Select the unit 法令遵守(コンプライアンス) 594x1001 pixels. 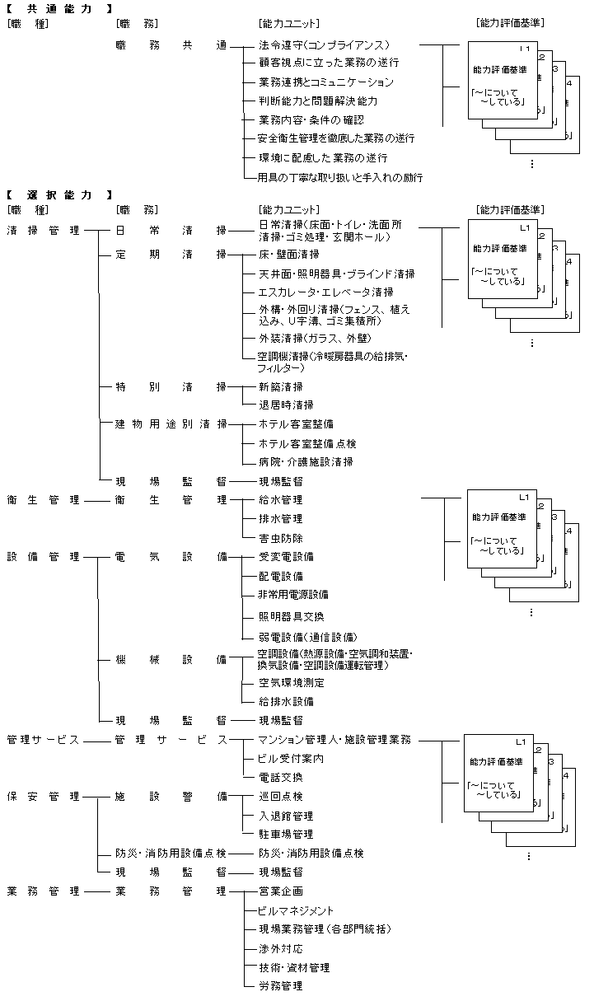click(x=324, y=44)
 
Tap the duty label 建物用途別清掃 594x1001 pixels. click(x=171, y=423)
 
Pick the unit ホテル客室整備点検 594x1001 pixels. click(x=307, y=443)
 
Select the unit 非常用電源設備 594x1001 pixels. click(x=293, y=594)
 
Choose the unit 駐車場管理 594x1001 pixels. click(x=286, y=835)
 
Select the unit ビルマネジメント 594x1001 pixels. click(x=296, y=910)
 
